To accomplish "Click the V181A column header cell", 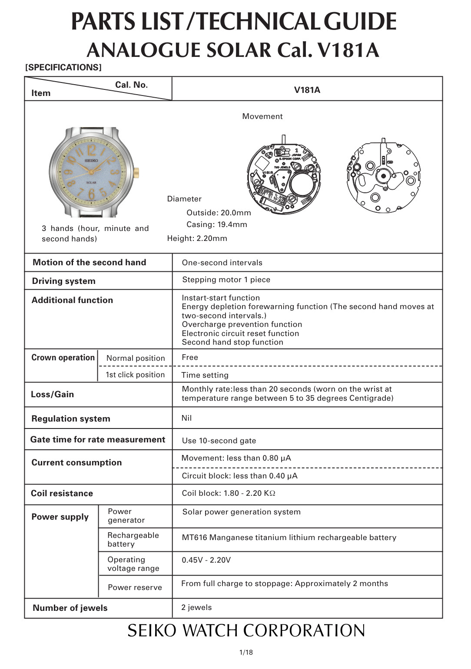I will click(307, 90).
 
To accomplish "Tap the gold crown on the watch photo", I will click(136, 171).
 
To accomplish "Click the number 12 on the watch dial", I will click(91, 150).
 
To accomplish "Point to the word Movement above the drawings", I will click(262, 116).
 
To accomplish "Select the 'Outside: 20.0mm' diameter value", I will click(219, 213).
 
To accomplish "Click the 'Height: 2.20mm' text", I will click(197, 238).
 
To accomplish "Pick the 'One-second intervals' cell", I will click(222, 263).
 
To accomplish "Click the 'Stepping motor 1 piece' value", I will click(226, 280).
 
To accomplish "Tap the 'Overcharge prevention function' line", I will click(242, 324).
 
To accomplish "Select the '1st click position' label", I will click(135, 375).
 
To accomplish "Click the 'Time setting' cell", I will click(205, 375).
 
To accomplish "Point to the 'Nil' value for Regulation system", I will click(186, 418).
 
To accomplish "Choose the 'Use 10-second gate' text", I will click(219, 441).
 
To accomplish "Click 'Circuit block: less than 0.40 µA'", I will click(239, 476).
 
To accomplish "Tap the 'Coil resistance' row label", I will click(62, 493).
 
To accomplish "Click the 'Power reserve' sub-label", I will click(135, 587).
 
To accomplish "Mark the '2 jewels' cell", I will click(196, 607).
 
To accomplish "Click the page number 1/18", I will click(246, 652).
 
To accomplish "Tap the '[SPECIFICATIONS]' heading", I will click(63, 67).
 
